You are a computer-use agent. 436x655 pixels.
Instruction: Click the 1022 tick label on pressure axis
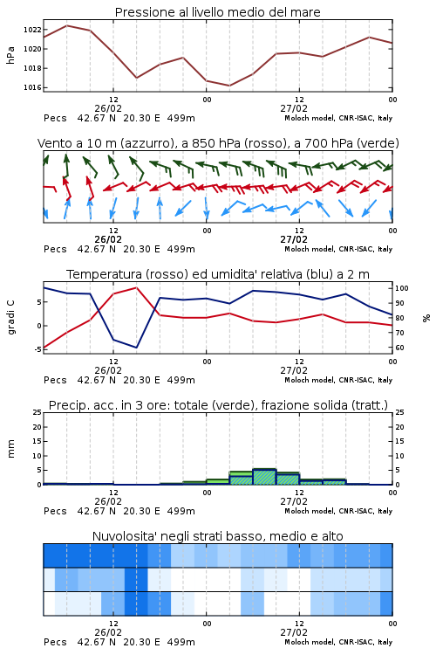point(32,30)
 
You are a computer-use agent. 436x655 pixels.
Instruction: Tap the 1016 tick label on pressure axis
point(32,87)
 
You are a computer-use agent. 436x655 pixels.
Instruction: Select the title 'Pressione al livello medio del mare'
point(217,12)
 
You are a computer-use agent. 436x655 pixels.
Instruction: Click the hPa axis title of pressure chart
point(10,55)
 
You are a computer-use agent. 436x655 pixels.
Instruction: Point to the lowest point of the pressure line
point(229,86)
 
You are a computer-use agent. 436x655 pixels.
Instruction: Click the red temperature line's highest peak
point(136,287)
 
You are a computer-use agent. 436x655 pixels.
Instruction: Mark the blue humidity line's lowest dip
point(136,348)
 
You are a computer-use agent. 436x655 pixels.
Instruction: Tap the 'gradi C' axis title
point(10,317)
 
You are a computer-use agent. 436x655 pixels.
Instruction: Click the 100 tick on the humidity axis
point(402,288)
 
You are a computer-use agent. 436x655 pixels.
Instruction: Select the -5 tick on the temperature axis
point(37,349)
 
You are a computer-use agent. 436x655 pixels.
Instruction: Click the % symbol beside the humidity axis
point(426,318)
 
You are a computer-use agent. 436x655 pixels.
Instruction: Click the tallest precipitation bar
point(264,477)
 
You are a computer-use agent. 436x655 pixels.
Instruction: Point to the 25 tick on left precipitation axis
point(37,412)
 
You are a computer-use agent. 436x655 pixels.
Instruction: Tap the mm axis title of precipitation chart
point(10,449)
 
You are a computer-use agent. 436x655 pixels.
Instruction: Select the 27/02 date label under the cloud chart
point(294,632)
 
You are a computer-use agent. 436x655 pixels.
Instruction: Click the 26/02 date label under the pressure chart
point(108,108)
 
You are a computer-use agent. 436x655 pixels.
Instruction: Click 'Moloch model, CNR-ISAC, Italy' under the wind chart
point(338,249)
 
